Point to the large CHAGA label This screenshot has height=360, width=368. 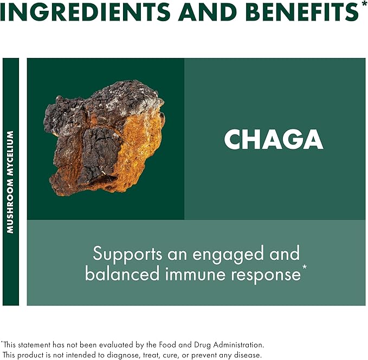[x=273, y=140]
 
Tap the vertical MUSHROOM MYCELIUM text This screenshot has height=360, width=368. [x=10, y=182]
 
